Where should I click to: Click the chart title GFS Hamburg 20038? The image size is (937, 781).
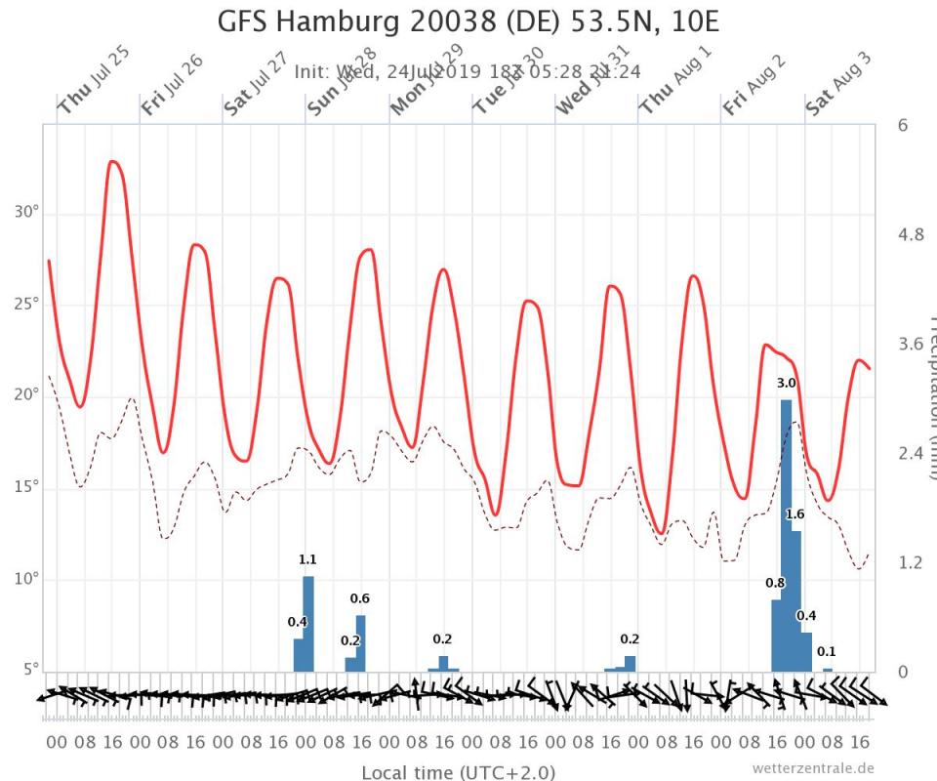pyautogui.click(x=468, y=21)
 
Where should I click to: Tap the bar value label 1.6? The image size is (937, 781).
pyautogui.click(x=795, y=514)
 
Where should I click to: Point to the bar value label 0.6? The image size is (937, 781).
pyautogui.click(x=360, y=598)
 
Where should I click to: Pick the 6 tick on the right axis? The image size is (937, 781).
pyautogui.click(x=903, y=125)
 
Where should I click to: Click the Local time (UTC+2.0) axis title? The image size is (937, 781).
pyautogui.click(x=458, y=772)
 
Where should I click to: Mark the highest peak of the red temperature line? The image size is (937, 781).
pyautogui.click(x=114, y=161)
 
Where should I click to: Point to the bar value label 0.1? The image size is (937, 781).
pyautogui.click(x=827, y=651)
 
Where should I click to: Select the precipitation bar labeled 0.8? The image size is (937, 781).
pyautogui.click(x=776, y=635)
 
